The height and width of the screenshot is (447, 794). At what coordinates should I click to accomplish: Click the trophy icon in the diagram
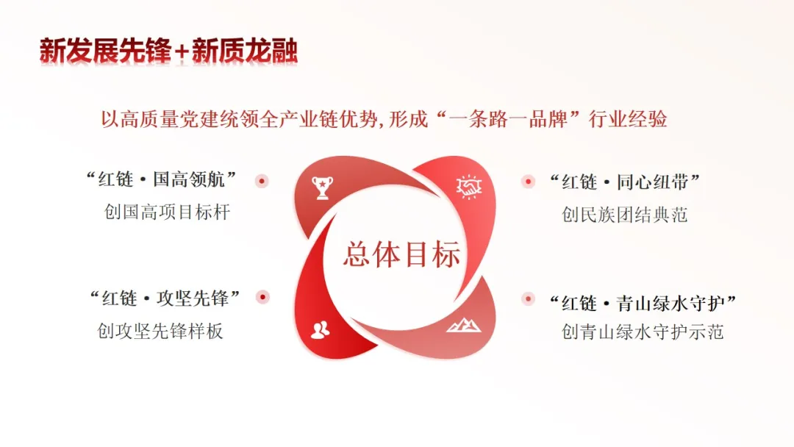coord(322,187)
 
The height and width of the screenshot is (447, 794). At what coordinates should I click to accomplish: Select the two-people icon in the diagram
coord(320,330)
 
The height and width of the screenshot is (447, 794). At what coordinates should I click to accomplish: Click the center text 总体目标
coord(401,254)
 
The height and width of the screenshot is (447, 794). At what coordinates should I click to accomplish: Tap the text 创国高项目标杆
coord(168,212)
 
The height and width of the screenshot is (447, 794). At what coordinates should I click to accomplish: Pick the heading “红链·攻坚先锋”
coord(165,298)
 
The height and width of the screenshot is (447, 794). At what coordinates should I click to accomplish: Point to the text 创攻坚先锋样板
coord(160,331)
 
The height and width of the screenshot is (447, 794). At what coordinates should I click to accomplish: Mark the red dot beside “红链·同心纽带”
coord(527,181)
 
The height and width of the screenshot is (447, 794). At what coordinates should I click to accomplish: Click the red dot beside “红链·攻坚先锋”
coord(262,297)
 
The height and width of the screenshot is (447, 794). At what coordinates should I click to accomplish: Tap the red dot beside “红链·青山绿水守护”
coord(527,298)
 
